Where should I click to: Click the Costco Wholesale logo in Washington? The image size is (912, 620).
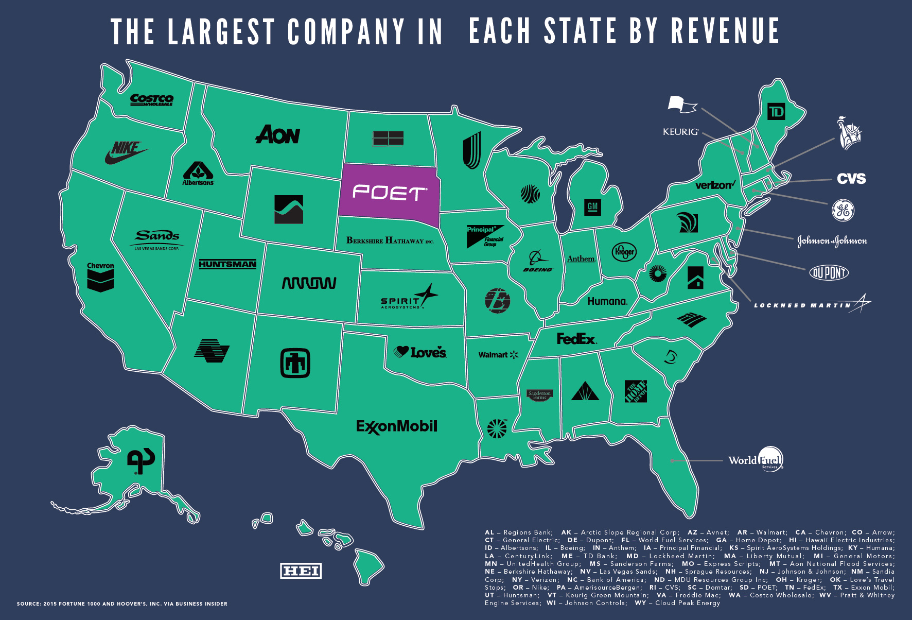[151, 99]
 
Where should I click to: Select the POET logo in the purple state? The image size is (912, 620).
[389, 193]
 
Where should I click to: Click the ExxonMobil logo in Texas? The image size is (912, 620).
[396, 426]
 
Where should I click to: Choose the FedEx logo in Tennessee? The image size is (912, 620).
[576, 339]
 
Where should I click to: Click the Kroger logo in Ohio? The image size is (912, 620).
[624, 252]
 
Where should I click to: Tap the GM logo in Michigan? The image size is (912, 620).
[592, 207]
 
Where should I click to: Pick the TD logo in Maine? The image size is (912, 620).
[776, 112]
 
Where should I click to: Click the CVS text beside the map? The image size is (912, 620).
[851, 179]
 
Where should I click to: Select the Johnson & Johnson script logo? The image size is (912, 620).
[832, 241]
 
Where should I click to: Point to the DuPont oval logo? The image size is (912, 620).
[829, 272]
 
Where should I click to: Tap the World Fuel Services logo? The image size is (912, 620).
[756, 459]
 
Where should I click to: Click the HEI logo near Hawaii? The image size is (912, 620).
[301, 571]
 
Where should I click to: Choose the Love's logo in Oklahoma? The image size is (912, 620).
[420, 352]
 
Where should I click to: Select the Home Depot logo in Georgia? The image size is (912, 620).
[635, 392]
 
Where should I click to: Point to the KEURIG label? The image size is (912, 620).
[680, 132]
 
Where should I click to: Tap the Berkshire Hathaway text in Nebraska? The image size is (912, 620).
[390, 240]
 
